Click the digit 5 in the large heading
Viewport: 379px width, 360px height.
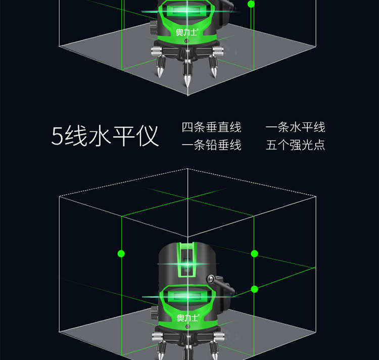pos(57,136)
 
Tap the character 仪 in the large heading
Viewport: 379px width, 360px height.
pos(148,136)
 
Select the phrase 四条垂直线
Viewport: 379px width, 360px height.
pos(212,127)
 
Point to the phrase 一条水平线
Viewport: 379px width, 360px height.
pos(296,127)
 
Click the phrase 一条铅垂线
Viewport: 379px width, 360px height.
pos(212,145)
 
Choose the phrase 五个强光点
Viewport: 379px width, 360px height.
pos(296,145)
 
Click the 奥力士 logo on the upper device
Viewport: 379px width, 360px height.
pos(187,32)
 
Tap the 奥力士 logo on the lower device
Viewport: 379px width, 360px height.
pos(188,318)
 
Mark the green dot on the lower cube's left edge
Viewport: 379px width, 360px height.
pos(121,254)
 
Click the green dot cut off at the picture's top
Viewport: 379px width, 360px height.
pos(251,4)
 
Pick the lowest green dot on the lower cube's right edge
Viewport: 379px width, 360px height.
pos(254,289)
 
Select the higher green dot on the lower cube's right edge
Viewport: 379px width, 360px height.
pos(254,254)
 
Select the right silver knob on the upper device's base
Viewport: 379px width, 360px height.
pos(218,51)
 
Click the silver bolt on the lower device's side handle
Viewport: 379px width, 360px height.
pos(211,279)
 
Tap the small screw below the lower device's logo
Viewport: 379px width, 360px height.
pos(187,327)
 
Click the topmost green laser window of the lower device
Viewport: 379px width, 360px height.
pos(187,260)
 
